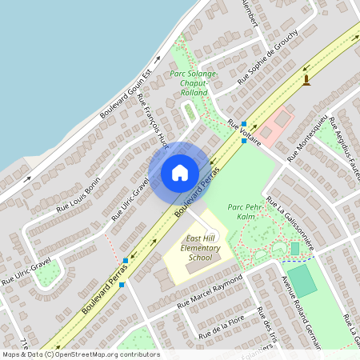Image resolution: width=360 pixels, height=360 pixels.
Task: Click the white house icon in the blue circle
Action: coord(179,173)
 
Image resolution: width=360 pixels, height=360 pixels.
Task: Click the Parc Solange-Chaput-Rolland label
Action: coord(189,82)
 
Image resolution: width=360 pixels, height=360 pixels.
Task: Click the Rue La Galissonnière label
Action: coord(291,222)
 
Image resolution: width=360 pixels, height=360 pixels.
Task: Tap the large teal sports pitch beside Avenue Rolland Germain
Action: coord(302,281)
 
